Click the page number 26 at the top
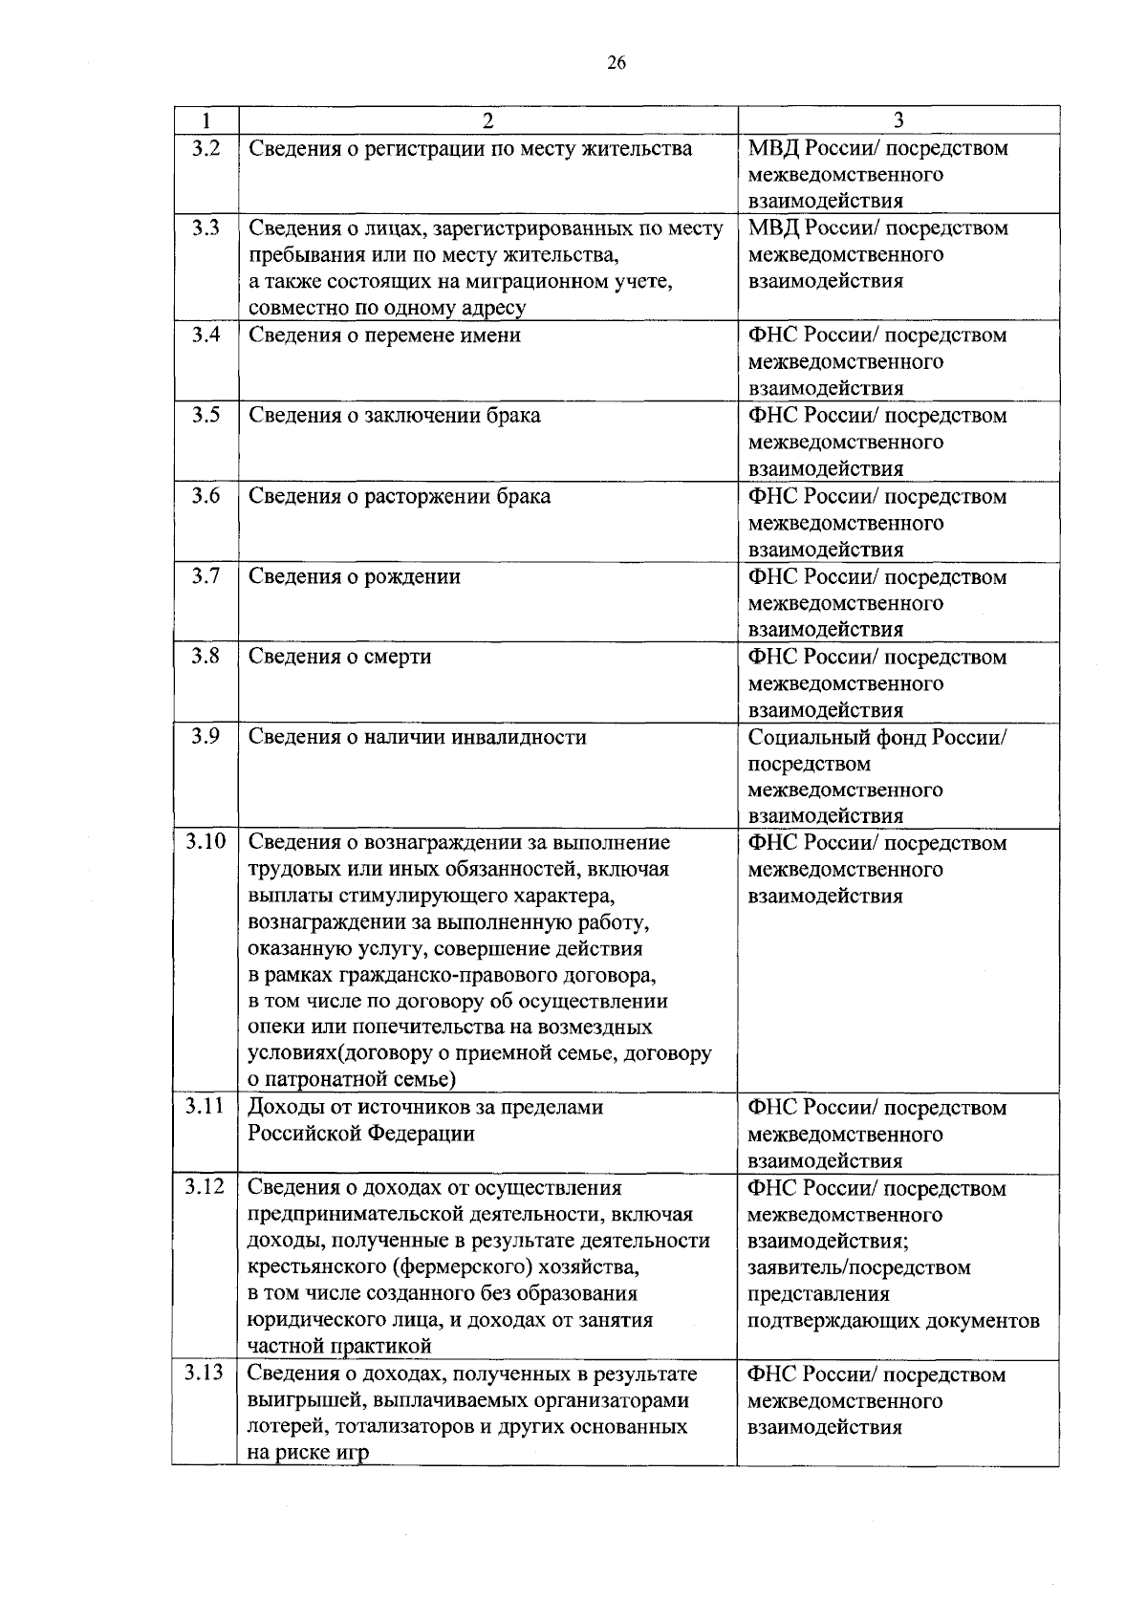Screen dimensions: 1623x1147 pos(616,63)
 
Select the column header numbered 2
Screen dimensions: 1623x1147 pos(487,120)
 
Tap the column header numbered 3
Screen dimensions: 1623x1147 pos(898,120)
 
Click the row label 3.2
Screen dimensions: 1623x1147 pos(206,148)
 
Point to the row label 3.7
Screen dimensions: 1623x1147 pos(206,576)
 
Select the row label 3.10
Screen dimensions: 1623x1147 pos(206,842)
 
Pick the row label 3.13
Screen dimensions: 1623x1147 pos(206,1374)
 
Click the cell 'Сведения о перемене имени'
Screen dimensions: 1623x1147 pos(384,335)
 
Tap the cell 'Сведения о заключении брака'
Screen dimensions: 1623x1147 pos(394,416)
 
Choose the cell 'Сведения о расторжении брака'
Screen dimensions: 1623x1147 pos(399,496)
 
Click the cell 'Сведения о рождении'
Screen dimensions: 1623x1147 pos(354,576)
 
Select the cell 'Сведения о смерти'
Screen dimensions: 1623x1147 pos(339,657)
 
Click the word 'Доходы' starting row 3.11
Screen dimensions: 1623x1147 pos(282,1108)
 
